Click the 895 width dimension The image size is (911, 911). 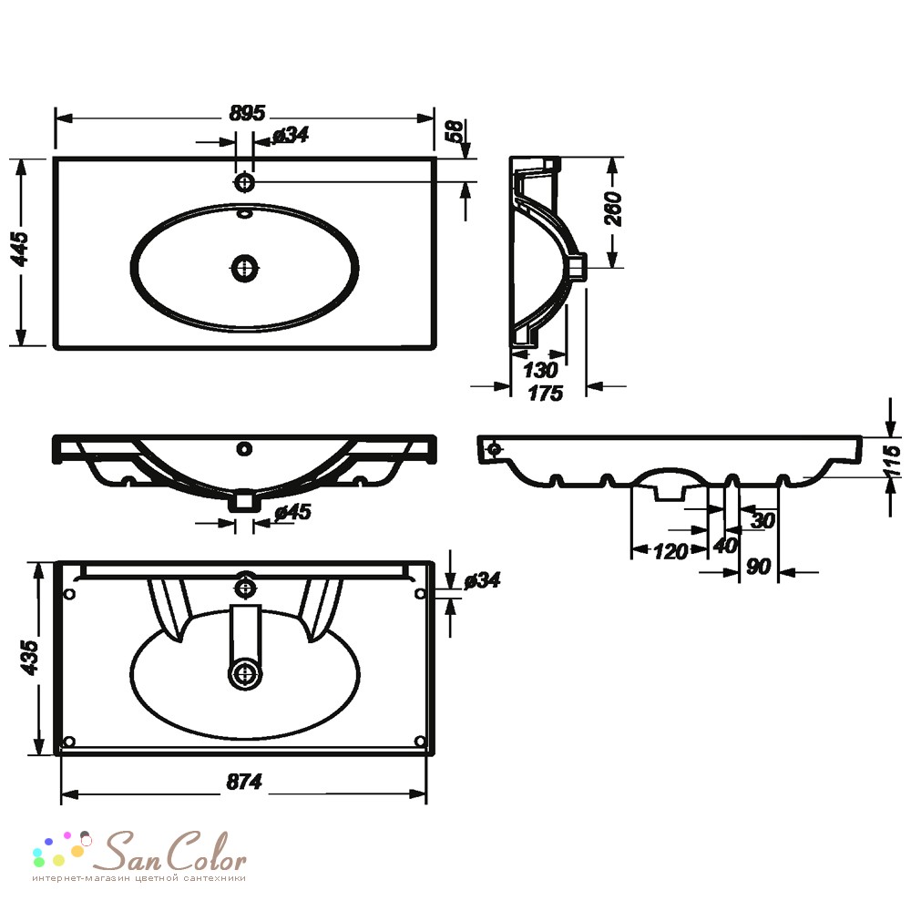click(247, 113)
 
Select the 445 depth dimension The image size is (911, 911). click(21, 250)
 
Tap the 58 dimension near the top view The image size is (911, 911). click(455, 130)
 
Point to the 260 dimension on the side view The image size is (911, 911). click(613, 209)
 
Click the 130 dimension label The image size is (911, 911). click(540, 370)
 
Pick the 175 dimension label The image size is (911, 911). click(545, 394)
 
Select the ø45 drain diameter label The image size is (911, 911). click(292, 512)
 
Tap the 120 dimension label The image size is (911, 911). click(670, 551)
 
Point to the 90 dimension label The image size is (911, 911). click(758, 566)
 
